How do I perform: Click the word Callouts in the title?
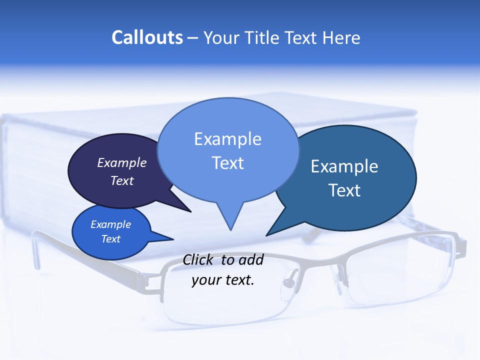tap(147, 37)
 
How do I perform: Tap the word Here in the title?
tap(342, 37)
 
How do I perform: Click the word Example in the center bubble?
tap(227, 139)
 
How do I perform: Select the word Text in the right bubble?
tap(344, 190)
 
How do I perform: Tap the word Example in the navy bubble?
tap(122, 162)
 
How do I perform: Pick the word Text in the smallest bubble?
tap(111, 239)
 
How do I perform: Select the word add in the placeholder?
tap(251, 260)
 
